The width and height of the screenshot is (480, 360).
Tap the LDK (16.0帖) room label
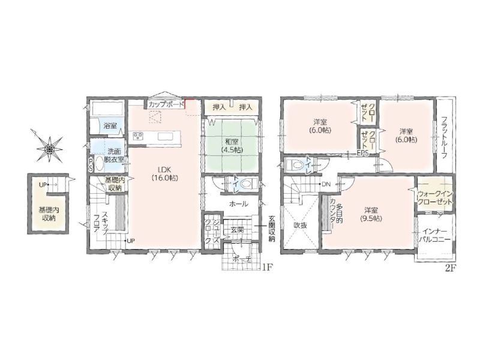(164, 173)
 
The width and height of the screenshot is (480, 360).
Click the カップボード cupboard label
(166, 104)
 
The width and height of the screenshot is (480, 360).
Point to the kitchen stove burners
(139, 136)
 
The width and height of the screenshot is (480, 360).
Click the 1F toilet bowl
(248, 184)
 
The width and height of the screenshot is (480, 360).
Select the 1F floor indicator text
(266, 267)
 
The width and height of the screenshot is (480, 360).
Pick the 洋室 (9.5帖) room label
(371, 214)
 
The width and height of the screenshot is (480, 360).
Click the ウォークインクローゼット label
(434, 198)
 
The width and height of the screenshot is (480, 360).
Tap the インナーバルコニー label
(435, 235)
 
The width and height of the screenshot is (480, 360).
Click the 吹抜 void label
(301, 226)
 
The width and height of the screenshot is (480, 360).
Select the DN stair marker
(326, 184)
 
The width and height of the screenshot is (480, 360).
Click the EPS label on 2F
(363, 154)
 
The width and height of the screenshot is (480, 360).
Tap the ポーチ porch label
(242, 259)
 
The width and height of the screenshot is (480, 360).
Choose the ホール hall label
(238, 203)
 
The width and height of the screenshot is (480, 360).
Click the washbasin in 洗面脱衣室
(99, 163)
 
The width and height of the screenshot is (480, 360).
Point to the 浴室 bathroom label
(110, 125)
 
